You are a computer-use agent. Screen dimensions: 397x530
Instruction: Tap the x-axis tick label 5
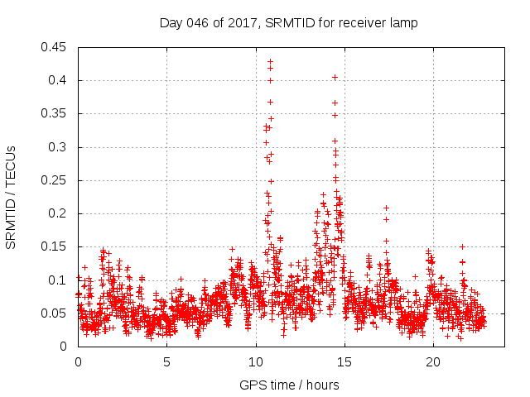tap(166, 361)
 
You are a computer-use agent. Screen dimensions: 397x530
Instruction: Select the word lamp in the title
tap(404, 23)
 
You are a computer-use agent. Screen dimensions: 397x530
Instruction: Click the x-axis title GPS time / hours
tap(289, 385)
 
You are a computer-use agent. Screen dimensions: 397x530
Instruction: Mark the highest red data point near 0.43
tap(270, 61)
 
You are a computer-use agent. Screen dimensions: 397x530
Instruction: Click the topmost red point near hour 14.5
tap(335, 78)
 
